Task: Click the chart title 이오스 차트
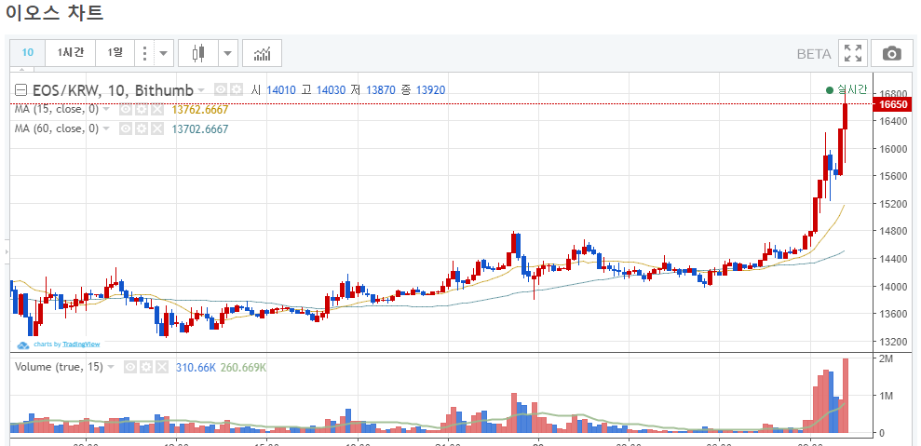(x=54, y=14)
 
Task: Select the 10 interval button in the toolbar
(x=28, y=53)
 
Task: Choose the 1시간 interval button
(x=71, y=53)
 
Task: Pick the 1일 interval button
(x=115, y=53)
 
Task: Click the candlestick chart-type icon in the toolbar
(x=196, y=53)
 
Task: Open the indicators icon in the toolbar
(x=262, y=53)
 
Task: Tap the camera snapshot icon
(x=891, y=54)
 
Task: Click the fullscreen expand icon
(x=852, y=54)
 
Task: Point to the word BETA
(x=814, y=54)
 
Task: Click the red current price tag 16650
(x=892, y=105)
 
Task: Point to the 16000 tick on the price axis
(x=892, y=149)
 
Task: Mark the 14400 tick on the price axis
(x=892, y=259)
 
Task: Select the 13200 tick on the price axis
(x=892, y=341)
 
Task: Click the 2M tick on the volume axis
(x=886, y=358)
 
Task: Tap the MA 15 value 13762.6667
(x=200, y=110)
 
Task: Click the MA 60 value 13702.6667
(x=200, y=129)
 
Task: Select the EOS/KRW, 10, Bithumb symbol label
(x=112, y=90)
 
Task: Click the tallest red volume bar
(x=846, y=396)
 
